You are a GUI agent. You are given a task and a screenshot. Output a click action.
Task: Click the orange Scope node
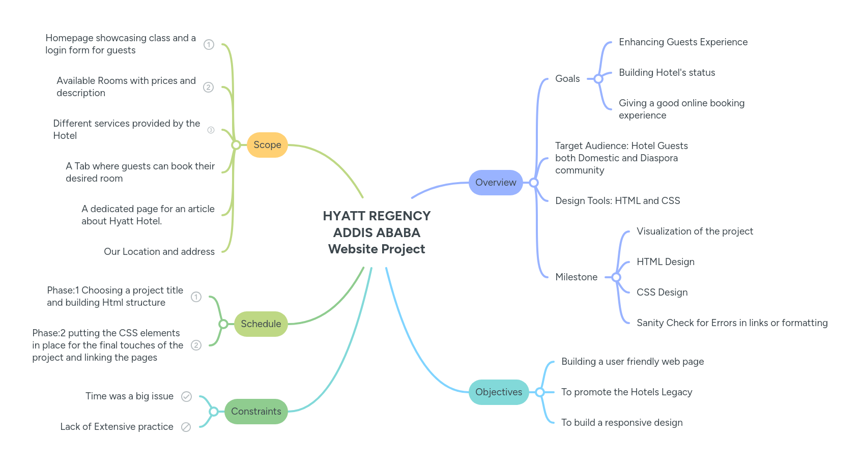tap(267, 145)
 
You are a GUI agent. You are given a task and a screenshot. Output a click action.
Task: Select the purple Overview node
tap(495, 183)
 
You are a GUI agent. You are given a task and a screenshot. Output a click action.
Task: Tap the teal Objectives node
tap(498, 392)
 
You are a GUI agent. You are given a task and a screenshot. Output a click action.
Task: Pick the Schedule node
tap(261, 324)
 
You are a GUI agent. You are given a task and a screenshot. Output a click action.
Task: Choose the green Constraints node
tap(256, 412)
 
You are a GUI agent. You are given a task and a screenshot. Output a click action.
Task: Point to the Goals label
tap(567, 79)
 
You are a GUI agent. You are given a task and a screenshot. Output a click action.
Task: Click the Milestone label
tap(576, 277)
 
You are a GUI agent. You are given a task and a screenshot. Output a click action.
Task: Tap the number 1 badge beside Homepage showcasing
tap(209, 45)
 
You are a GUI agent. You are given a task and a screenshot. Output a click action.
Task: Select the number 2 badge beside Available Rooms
tap(208, 88)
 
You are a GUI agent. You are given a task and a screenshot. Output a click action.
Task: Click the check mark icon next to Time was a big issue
tap(186, 397)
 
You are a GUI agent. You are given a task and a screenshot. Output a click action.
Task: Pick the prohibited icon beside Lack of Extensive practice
tap(186, 427)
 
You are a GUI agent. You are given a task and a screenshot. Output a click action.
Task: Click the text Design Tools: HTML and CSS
tap(617, 201)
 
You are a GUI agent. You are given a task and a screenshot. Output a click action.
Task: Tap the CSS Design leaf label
tap(662, 293)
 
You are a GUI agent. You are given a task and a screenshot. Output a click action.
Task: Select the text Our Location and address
tap(159, 252)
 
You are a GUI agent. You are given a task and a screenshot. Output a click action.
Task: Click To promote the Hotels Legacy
tap(626, 392)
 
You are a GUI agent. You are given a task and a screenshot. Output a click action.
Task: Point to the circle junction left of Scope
tap(236, 145)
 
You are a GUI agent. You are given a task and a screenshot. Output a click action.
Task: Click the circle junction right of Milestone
tap(616, 277)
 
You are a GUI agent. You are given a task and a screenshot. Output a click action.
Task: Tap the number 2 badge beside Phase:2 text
tap(196, 345)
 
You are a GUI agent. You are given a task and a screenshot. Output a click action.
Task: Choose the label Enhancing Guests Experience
tap(683, 42)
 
